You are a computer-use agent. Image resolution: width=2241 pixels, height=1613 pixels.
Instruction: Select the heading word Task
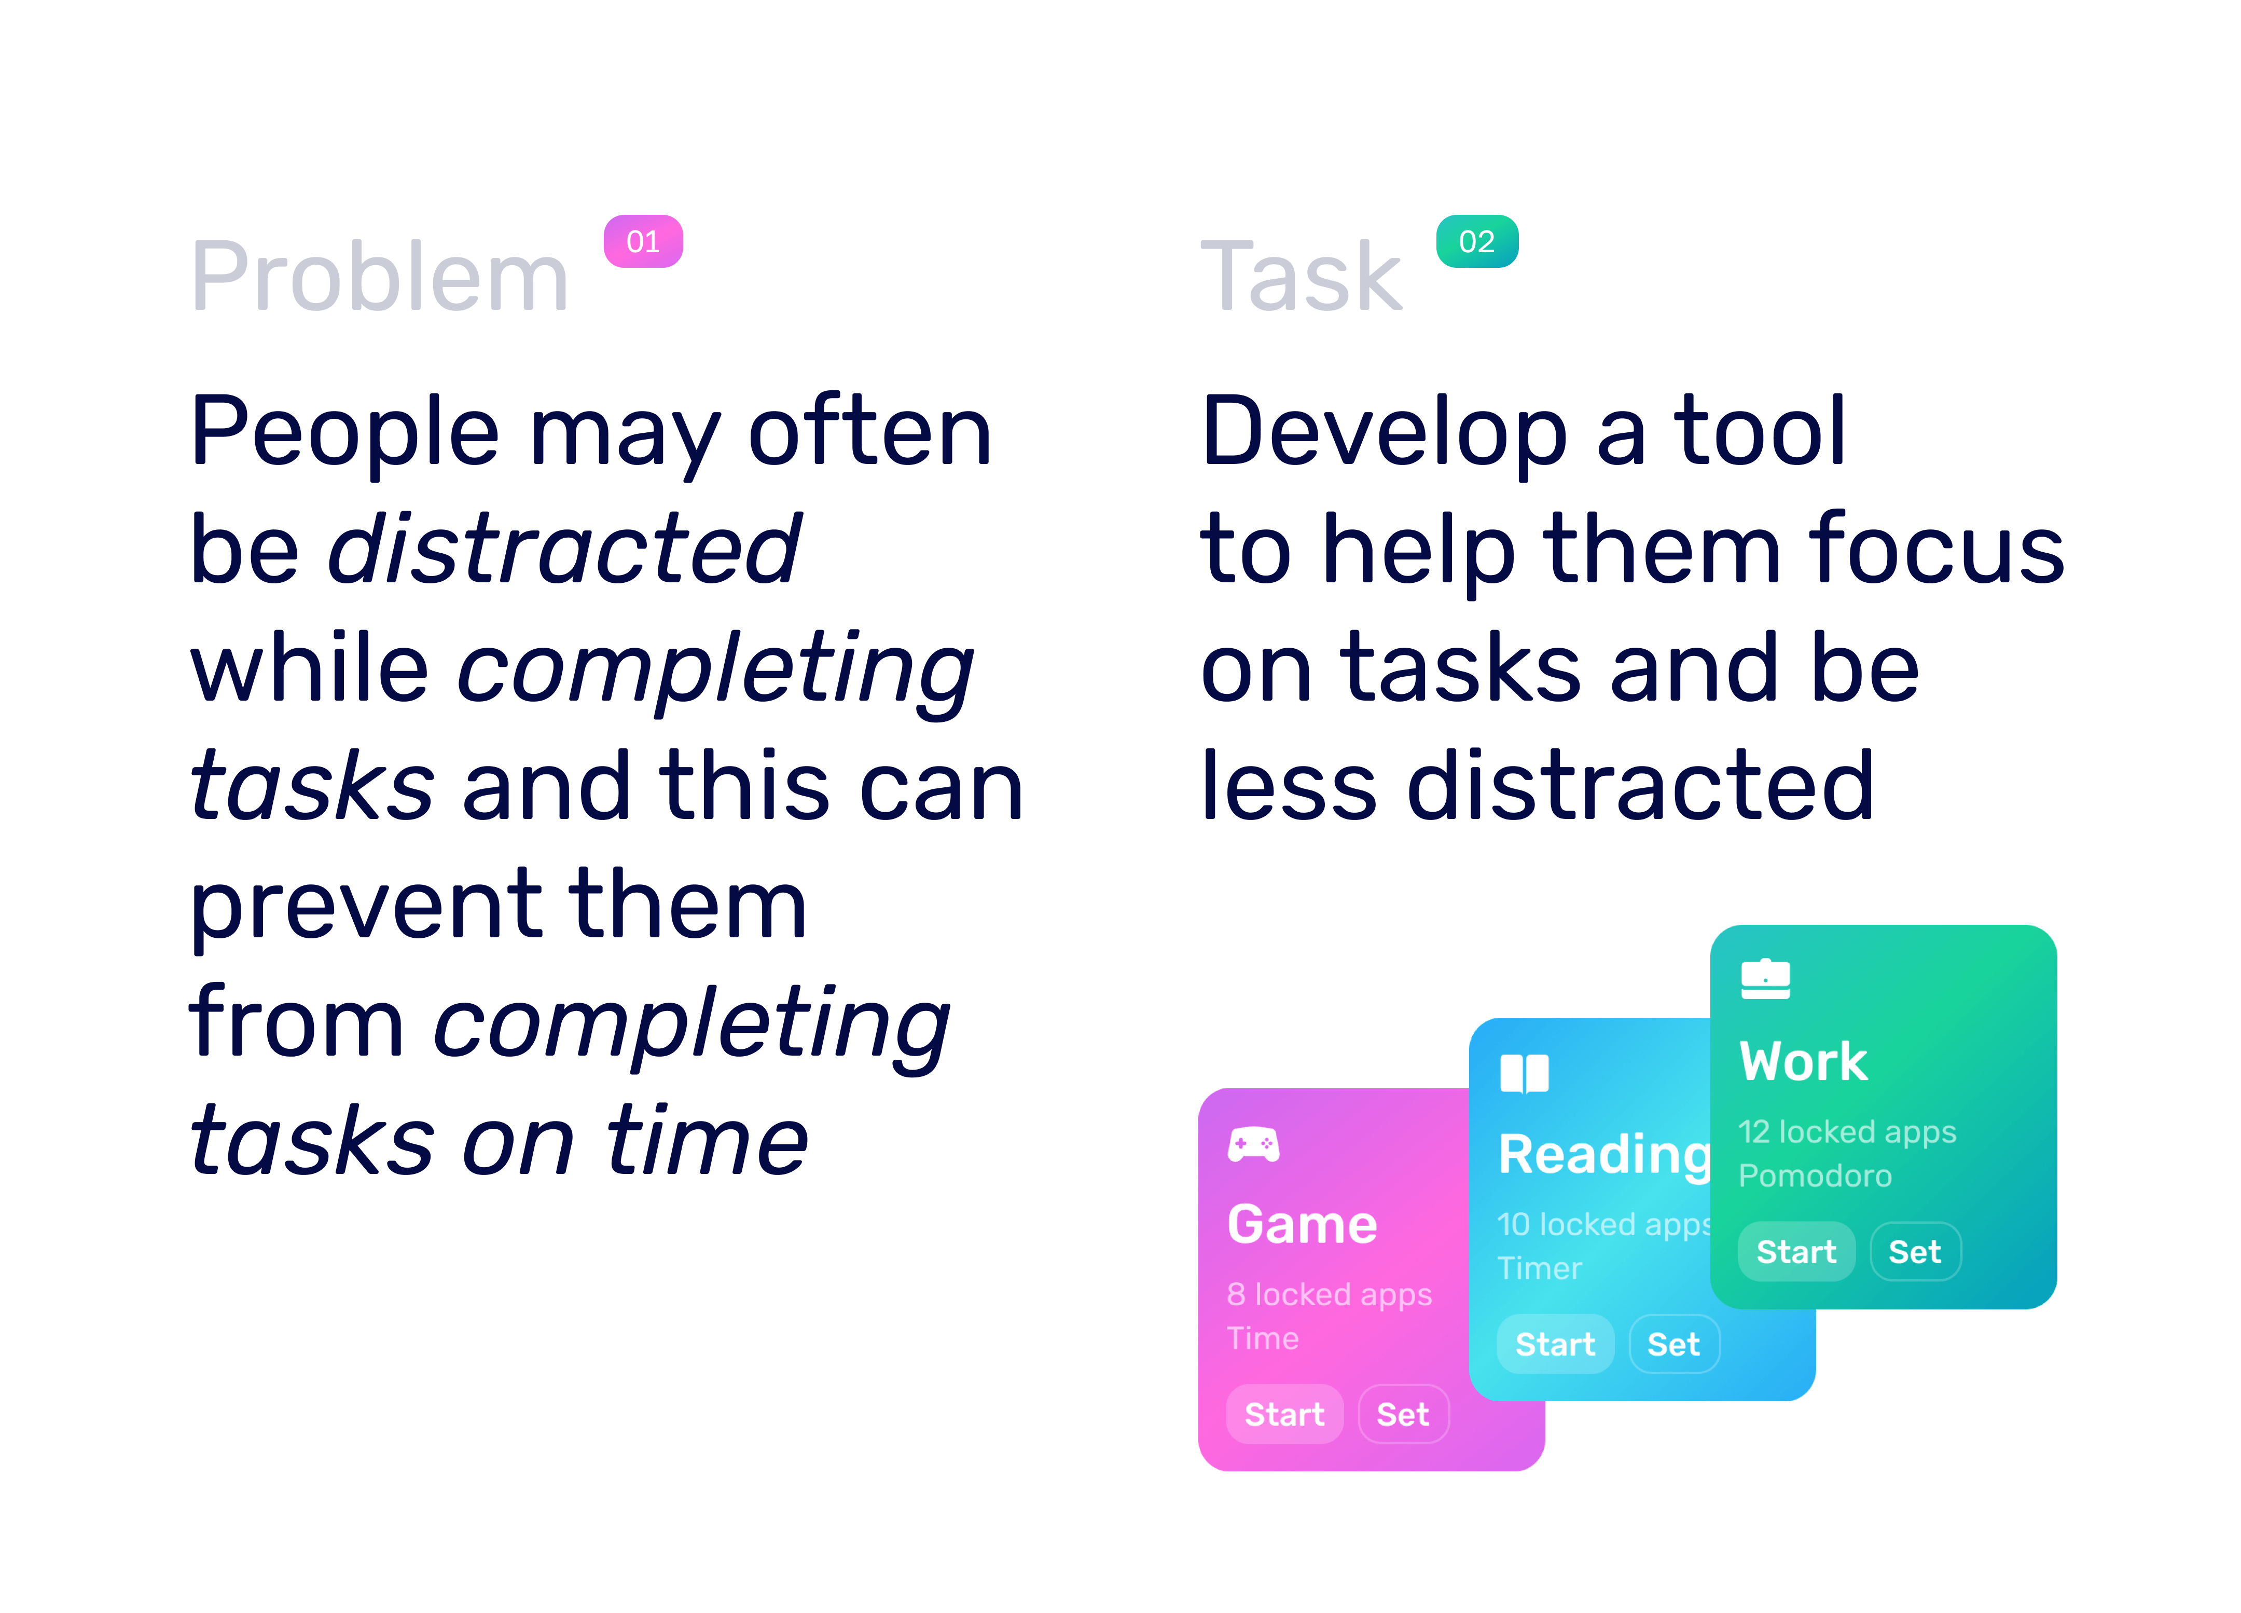1302,277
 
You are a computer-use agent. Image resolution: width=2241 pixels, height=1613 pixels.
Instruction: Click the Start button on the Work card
1796,1251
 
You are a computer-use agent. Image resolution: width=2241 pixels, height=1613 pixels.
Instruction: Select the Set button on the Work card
1915,1251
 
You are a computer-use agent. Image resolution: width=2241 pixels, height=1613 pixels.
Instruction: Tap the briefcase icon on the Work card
1766,978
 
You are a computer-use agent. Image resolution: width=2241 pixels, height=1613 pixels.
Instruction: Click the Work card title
1803,1061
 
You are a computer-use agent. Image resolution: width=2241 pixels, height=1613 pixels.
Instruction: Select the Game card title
1302,1225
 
